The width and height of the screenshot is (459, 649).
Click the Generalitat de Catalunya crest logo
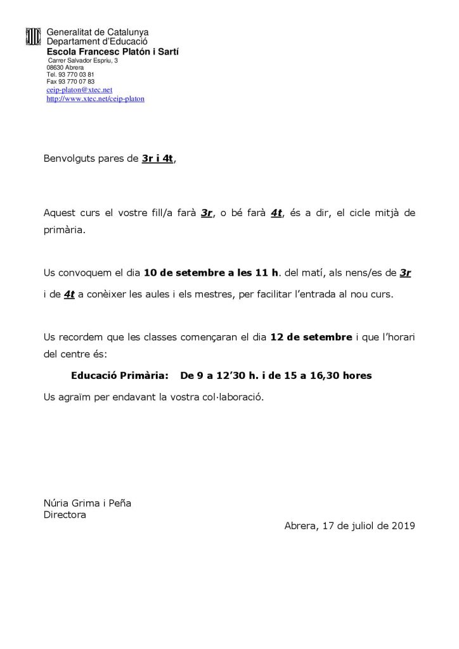pos(32,36)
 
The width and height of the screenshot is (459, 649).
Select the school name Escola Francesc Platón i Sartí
pos(112,51)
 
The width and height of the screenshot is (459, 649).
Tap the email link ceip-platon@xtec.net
pos(79,90)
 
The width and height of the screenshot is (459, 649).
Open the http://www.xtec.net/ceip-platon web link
pos(95,99)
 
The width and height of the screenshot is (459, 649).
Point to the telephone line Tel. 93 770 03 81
pos(70,74)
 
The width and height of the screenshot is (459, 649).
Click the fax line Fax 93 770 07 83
pos(70,82)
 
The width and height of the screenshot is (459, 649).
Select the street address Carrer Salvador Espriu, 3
pos(83,60)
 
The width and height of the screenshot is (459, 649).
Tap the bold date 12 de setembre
pos(311,337)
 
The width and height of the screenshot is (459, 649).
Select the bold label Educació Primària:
pos(120,376)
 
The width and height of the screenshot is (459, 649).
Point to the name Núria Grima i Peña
pos(87,503)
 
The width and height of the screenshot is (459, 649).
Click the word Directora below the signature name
pos(65,515)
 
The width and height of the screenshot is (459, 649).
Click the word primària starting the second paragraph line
pos(63,231)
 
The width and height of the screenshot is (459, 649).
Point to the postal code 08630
pos(55,67)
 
